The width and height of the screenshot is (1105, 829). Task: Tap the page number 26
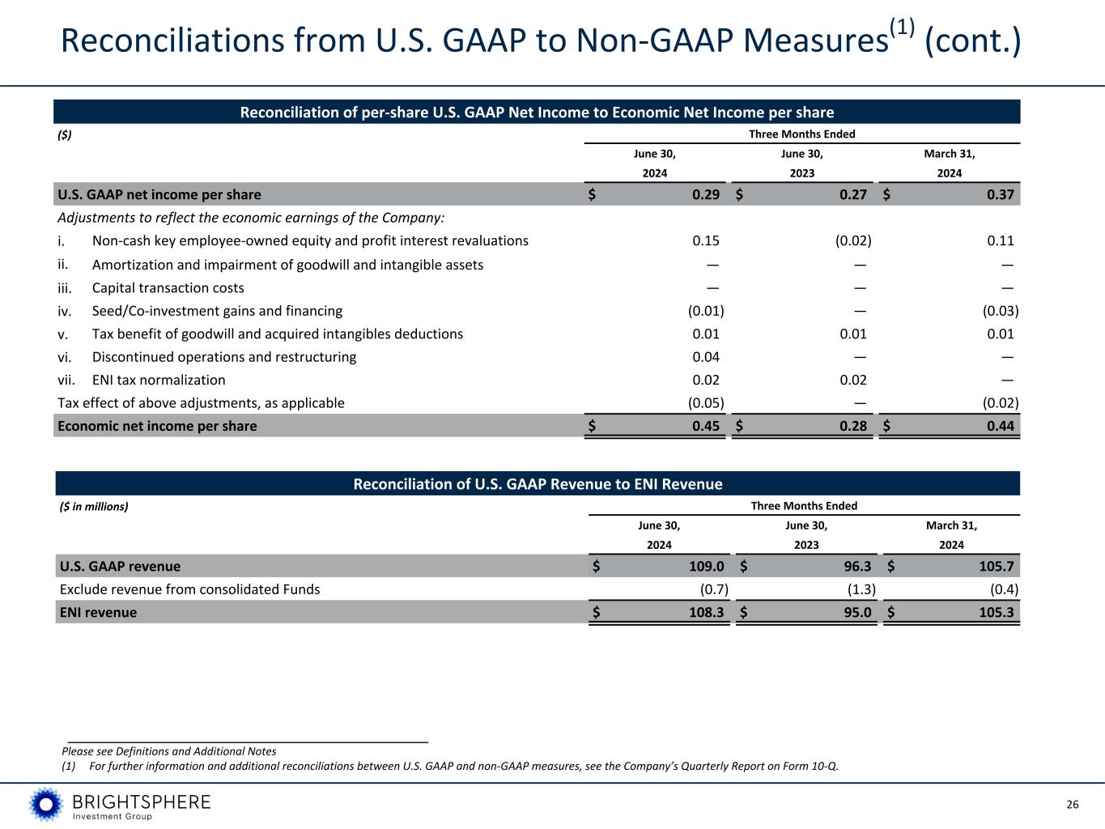tap(1073, 804)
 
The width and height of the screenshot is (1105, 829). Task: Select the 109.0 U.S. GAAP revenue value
tap(701, 566)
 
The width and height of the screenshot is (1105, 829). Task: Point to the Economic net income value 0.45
tap(706, 426)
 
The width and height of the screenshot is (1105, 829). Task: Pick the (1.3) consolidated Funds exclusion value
tap(858, 589)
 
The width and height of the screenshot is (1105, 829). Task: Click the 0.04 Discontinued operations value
tap(706, 356)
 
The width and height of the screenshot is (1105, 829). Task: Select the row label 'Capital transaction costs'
tap(168, 287)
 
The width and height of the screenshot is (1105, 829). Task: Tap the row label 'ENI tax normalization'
tap(159, 380)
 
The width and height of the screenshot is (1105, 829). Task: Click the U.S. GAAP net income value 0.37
tap(1001, 194)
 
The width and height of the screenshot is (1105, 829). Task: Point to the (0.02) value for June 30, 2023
tap(853, 240)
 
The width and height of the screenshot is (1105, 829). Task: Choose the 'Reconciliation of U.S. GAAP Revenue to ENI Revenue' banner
tap(538, 484)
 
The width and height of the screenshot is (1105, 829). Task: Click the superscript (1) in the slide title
tap(902, 28)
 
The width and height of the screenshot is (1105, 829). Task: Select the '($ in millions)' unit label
tap(95, 507)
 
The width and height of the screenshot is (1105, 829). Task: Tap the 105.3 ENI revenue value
tap(996, 612)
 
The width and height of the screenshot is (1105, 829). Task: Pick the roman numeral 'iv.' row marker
tap(65, 311)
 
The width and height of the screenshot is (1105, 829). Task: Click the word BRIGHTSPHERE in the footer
tap(142, 801)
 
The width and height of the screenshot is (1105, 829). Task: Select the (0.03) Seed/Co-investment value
tap(1001, 311)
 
